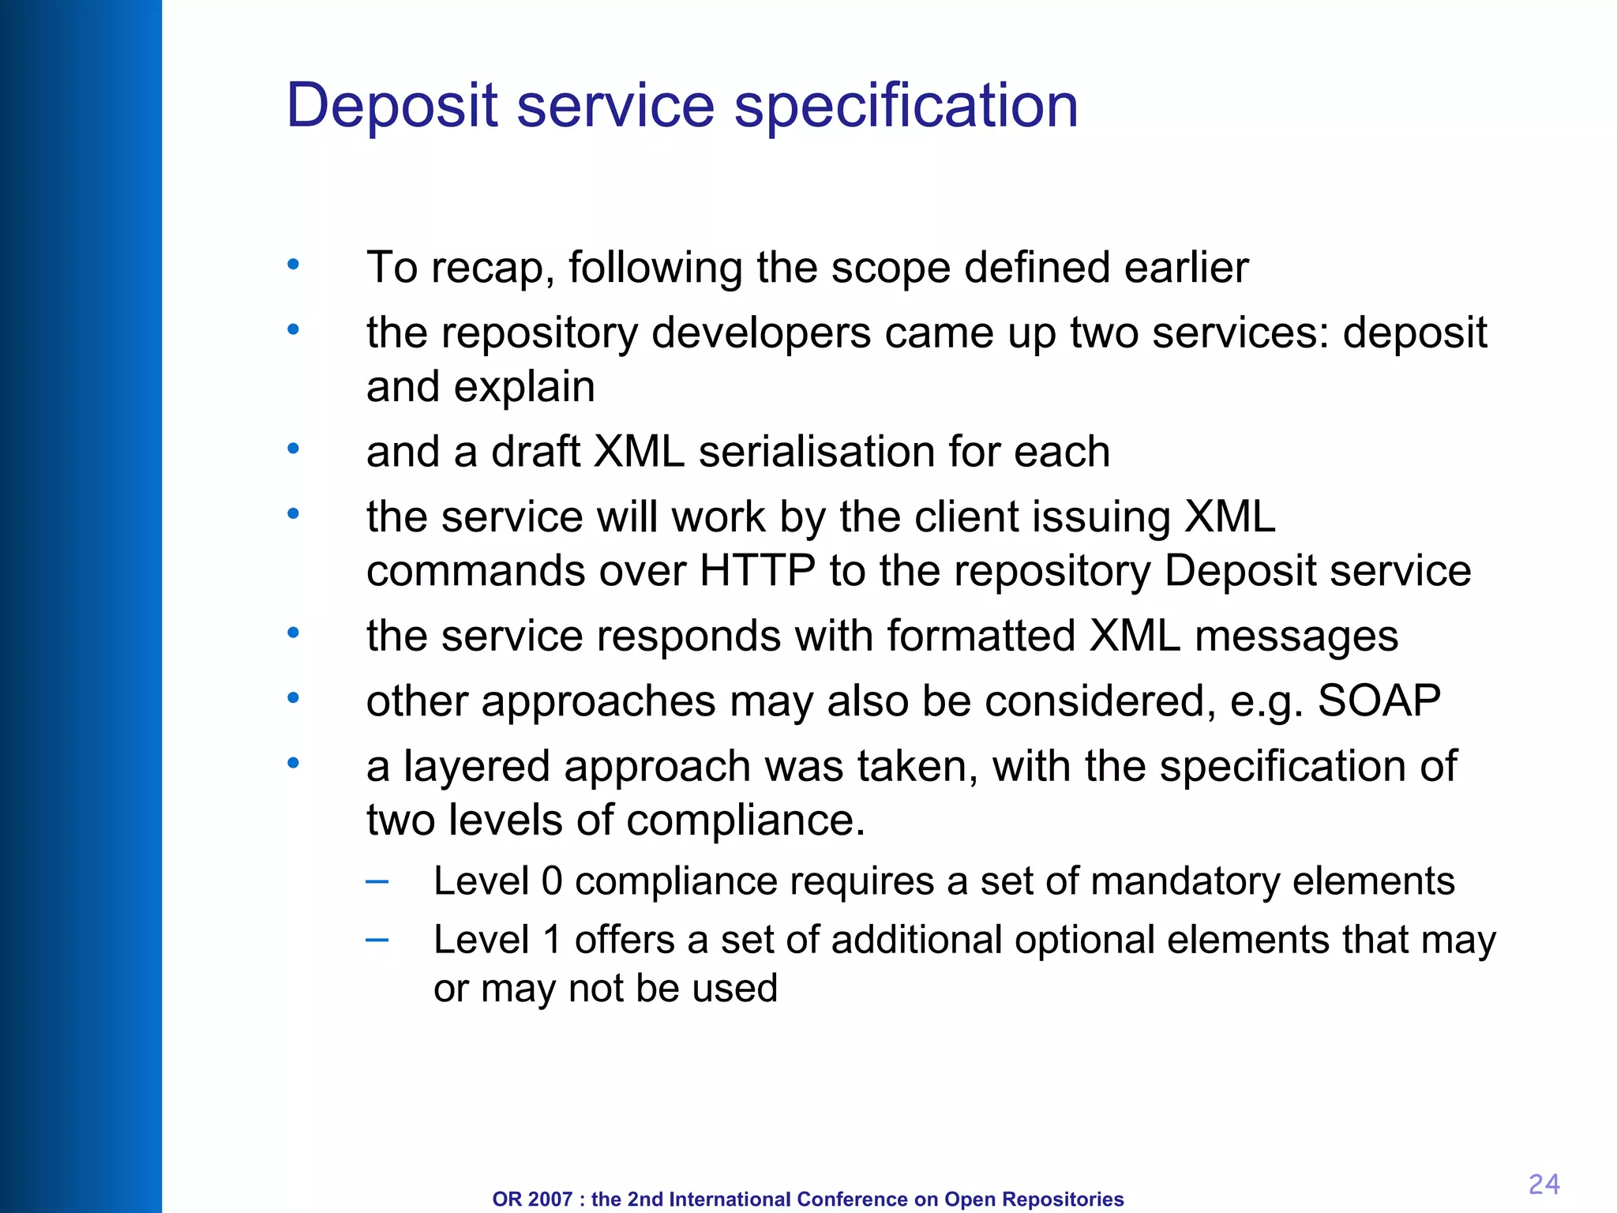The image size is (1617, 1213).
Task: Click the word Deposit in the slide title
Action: [392, 105]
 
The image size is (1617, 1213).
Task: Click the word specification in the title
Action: [906, 105]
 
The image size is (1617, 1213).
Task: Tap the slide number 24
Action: [1544, 1184]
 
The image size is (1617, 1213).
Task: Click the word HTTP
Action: [757, 570]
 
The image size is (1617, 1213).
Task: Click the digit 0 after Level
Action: [552, 881]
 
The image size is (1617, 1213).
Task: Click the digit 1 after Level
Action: [552, 940]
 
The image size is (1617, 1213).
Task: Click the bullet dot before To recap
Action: [293, 265]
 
